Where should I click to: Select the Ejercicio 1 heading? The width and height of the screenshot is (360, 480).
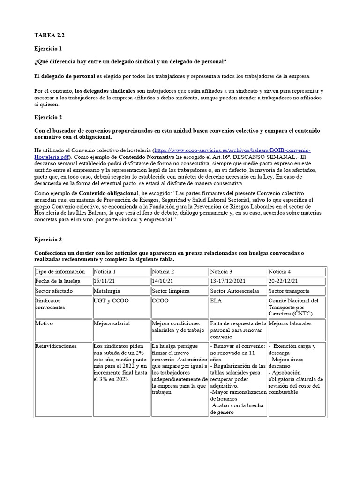point(48,48)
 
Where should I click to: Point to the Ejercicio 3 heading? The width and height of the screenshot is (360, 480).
point(48,240)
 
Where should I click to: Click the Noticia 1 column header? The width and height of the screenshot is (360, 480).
point(105,271)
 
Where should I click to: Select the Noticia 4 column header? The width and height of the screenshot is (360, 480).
point(280,271)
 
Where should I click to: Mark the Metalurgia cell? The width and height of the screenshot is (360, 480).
point(107,291)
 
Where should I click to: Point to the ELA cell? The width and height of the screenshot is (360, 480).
point(216,300)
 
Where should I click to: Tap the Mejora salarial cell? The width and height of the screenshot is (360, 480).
point(112,323)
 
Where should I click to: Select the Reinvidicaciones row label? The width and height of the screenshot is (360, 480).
point(56,346)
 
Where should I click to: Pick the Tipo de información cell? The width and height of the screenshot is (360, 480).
point(60,271)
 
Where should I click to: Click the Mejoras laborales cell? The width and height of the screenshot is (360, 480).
point(290,323)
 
